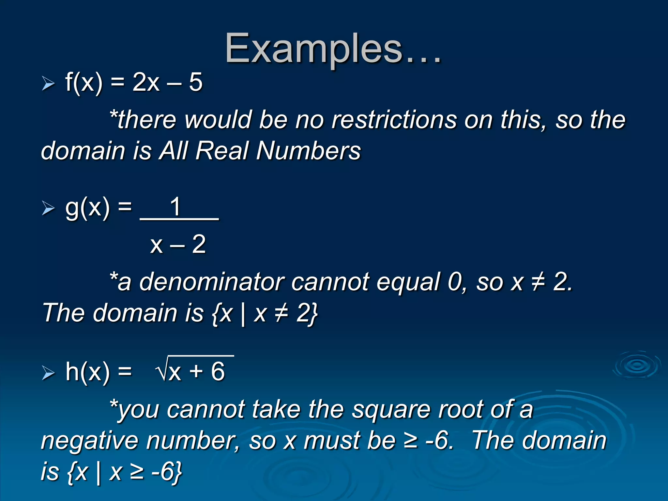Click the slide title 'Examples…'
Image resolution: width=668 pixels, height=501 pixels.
click(x=333, y=49)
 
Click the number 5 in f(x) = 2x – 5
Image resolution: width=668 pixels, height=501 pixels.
click(x=196, y=82)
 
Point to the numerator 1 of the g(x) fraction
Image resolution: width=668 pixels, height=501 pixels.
click(x=176, y=206)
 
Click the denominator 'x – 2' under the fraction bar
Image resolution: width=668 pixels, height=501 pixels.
click(x=178, y=244)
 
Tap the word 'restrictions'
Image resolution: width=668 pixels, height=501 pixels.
click(x=394, y=120)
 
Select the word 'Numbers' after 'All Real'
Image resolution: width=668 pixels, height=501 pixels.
click(x=308, y=151)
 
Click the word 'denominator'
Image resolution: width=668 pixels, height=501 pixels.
click(x=212, y=282)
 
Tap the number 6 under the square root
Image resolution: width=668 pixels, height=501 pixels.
click(x=218, y=372)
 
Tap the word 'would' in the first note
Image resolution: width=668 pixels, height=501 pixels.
click(x=218, y=120)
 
